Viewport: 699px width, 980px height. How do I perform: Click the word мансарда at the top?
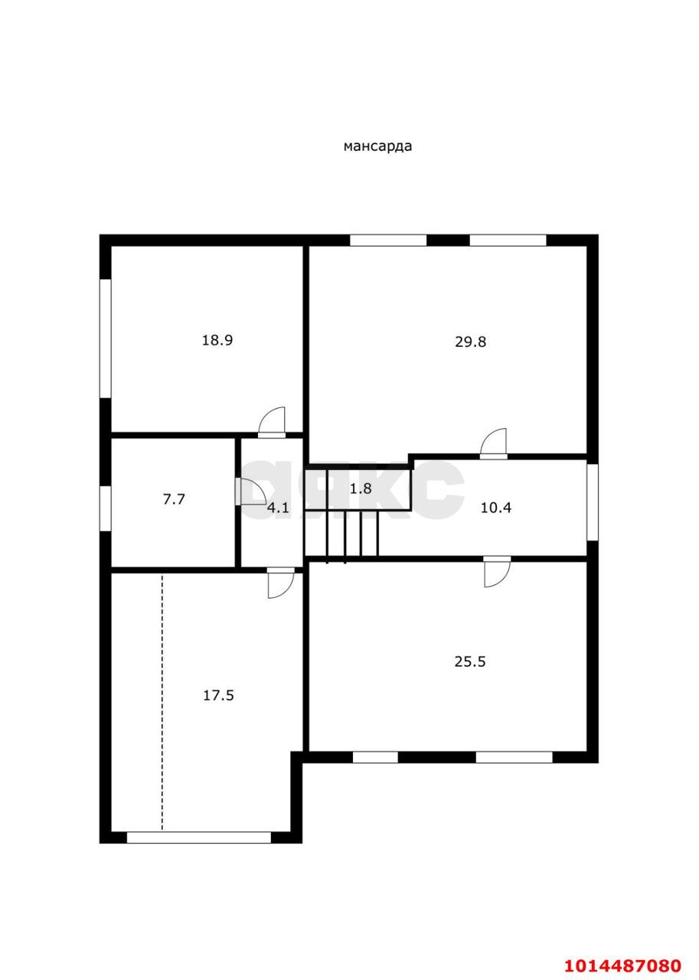[377, 146]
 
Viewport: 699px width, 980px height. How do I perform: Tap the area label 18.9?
[217, 340]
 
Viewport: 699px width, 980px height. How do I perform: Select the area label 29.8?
[470, 341]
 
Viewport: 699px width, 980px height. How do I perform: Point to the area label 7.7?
[174, 499]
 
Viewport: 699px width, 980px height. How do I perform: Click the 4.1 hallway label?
[278, 506]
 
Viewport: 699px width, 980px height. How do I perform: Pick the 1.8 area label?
[361, 488]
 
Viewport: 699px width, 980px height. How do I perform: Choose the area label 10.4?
[495, 506]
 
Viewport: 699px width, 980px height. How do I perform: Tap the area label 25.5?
[470, 661]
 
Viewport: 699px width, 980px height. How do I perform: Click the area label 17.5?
[218, 695]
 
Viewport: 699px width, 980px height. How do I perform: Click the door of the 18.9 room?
[272, 423]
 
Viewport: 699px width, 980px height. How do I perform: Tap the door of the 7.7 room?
[247, 492]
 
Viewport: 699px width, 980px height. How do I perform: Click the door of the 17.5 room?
[280, 583]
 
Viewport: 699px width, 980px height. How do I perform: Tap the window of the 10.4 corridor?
[592, 501]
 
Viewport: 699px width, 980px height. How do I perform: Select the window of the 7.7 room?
[106, 507]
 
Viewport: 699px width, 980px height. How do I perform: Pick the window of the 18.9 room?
[106, 338]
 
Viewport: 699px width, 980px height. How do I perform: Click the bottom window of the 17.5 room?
[198, 837]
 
